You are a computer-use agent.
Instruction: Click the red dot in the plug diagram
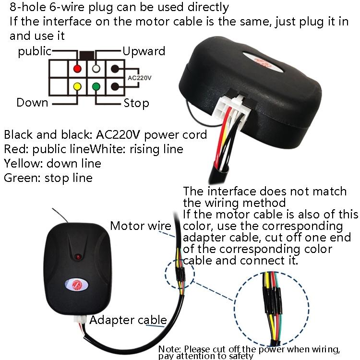[x=77, y=68]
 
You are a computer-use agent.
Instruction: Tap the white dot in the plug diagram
[x=96, y=68]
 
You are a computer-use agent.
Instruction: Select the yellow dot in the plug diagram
[x=77, y=87]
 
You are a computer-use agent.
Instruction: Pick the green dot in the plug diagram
[x=96, y=87]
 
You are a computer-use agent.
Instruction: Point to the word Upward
[x=144, y=51]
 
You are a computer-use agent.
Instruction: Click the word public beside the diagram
[x=35, y=51]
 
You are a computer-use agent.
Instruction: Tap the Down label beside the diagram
[x=32, y=102]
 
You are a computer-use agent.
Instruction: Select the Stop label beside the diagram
[x=136, y=103]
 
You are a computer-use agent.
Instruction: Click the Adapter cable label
[x=128, y=320]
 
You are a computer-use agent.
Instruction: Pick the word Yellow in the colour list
[x=19, y=163]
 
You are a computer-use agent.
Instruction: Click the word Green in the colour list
[x=18, y=178]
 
